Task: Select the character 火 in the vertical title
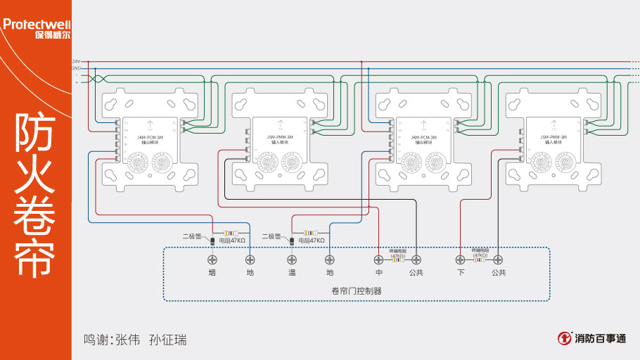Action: [x=35, y=176]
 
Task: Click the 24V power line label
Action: [x=76, y=62]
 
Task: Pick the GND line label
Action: [x=76, y=68]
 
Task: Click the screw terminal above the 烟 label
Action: [x=211, y=259]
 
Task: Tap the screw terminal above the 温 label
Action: [x=291, y=259]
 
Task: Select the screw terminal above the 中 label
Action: [x=379, y=259]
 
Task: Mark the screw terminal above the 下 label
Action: [x=461, y=259]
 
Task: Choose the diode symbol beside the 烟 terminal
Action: [x=212, y=242]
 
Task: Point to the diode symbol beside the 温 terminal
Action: [x=291, y=242]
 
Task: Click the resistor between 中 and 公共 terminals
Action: [x=397, y=259]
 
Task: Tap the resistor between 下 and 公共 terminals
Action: [x=479, y=259]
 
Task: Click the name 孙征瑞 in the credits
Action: [x=168, y=340]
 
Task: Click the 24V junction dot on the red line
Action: [x=361, y=62]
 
